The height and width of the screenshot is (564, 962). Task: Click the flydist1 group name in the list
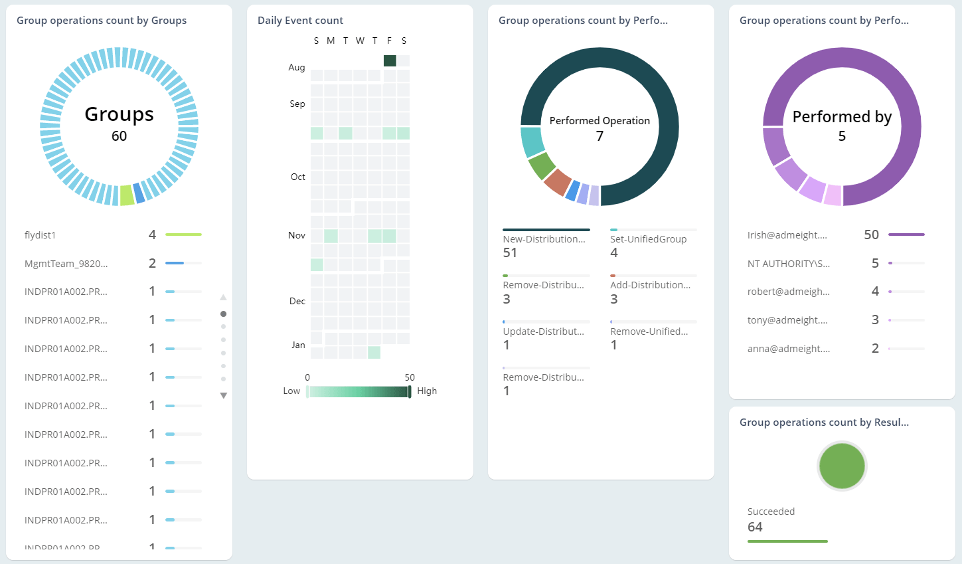[x=40, y=235]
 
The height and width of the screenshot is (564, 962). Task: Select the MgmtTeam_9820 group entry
[x=66, y=264]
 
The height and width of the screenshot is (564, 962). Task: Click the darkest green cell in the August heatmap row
[x=390, y=61]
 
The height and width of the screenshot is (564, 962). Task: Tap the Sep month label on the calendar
[x=297, y=104]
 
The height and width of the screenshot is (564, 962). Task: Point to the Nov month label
[x=296, y=236]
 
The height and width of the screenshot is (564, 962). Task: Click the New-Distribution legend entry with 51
[x=544, y=240]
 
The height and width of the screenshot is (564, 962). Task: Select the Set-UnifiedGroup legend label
[x=648, y=240]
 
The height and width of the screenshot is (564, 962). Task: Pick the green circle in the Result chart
[x=841, y=466]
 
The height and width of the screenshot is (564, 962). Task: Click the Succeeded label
[x=771, y=512]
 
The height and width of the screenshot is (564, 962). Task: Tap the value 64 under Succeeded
[x=755, y=527]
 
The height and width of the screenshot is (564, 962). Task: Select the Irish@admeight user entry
[x=787, y=235]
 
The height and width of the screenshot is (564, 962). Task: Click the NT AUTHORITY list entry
[x=788, y=264]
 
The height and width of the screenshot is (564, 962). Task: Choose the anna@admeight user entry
[x=788, y=349]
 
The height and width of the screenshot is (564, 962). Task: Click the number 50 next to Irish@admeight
[x=871, y=235]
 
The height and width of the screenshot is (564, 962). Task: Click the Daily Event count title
[x=300, y=21]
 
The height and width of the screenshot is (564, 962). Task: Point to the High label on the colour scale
[x=427, y=391]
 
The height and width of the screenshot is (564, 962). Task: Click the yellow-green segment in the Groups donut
[x=127, y=195]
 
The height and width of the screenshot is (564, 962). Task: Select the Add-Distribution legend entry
[x=650, y=286]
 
